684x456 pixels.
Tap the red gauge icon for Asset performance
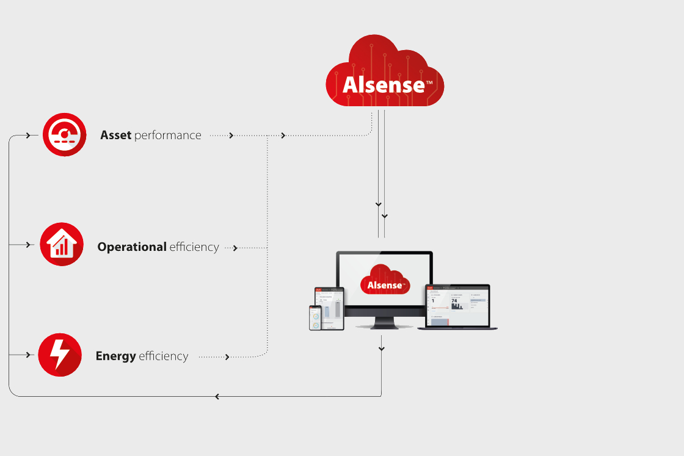pos(64,134)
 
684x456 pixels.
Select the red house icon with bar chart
pos(61,244)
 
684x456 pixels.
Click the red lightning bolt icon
pos(60,355)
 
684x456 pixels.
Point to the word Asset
pos(116,136)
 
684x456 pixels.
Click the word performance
pos(168,136)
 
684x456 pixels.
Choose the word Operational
pos(132,247)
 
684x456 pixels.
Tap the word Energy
pos(115,356)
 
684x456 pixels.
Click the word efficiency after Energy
pos(164,356)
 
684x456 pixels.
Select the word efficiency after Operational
pos(194,247)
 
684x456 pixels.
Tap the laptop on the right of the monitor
pos(457,307)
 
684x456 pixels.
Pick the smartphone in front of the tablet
pos(315,318)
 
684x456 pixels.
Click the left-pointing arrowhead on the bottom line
pos(217,397)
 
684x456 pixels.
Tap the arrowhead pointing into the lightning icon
pos(28,355)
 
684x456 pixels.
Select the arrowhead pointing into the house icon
pos(28,245)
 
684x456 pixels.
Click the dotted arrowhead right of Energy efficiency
pos(227,357)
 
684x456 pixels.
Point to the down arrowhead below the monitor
pos(382,349)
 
